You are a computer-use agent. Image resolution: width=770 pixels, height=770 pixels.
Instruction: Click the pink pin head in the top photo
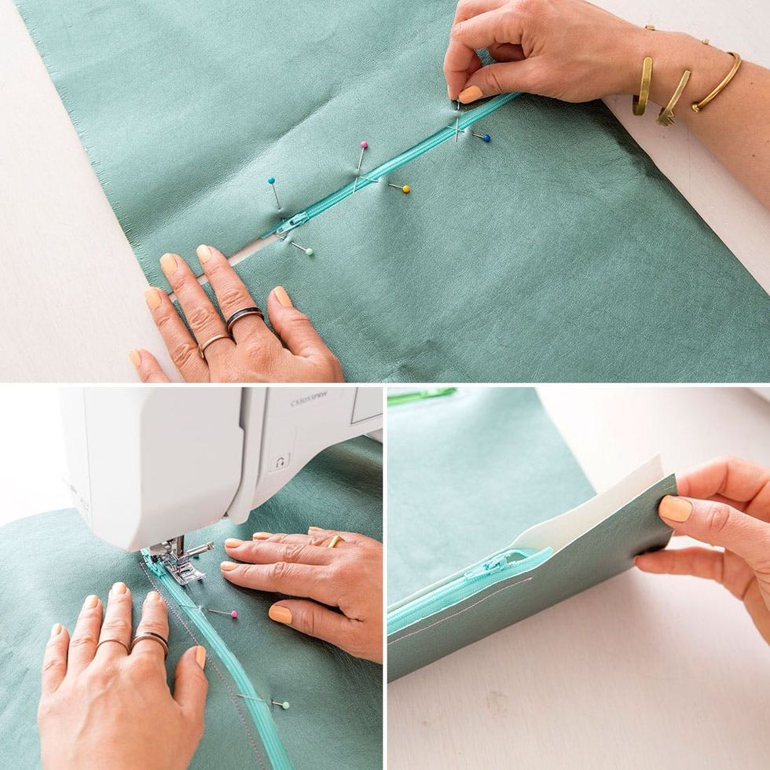pos(364,145)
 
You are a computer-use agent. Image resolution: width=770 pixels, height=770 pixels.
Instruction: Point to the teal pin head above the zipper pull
pos(271,181)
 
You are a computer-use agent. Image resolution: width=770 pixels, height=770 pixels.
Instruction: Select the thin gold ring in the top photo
pos(214,342)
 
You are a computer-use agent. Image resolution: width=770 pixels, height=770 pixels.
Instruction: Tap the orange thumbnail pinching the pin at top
pos(470,94)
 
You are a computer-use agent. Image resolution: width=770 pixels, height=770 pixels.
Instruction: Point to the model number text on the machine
pos(308,401)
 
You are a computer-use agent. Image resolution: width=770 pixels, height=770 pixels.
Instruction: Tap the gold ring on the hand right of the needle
pos(335,541)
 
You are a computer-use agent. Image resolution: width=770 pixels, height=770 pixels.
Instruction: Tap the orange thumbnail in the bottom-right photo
pos(675,508)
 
